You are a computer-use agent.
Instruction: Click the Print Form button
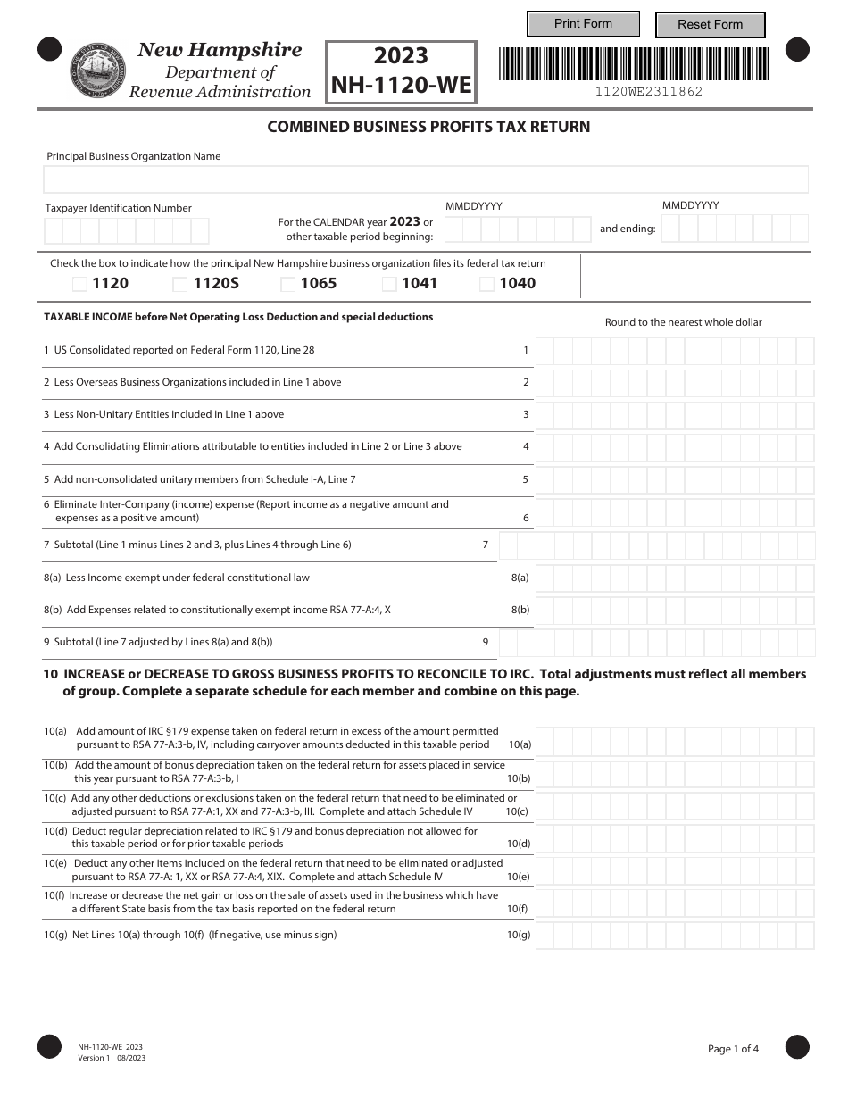click(583, 24)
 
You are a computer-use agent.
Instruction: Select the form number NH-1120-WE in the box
click(401, 85)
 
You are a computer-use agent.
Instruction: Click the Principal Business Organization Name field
click(426, 179)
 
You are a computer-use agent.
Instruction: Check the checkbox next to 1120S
click(180, 284)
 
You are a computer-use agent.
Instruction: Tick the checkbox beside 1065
click(288, 284)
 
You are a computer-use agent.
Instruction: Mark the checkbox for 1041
click(390, 284)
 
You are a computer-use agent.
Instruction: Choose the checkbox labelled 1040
click(487, 284)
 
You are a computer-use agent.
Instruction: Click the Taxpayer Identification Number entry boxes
click(126, 231)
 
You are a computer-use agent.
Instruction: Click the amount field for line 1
click(674, 351)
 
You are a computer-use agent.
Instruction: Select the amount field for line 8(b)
click(674, 611)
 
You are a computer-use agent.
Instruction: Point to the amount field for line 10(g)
click(674, 936)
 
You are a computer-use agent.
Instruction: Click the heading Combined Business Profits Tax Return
click(428, 127)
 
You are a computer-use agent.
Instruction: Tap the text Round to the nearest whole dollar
click(684, 322)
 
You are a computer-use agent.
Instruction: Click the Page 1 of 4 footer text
click(733, 1049)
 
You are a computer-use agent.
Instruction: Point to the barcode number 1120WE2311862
click(649, 91)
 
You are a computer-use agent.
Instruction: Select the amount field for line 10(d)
click(674, 838)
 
